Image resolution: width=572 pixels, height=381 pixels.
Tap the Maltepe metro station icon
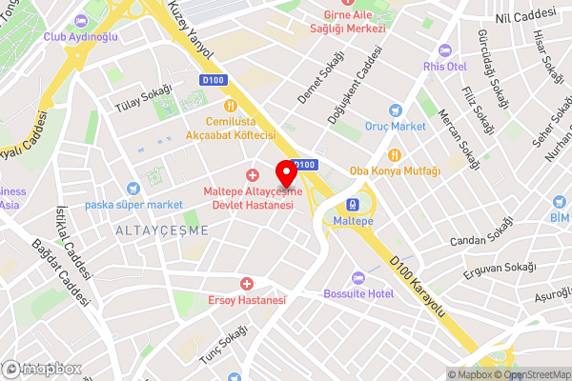[x=354, y=204]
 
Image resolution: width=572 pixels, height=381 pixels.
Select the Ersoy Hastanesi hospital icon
[x=247, y=284]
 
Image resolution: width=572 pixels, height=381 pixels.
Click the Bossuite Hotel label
[x=358, y=293]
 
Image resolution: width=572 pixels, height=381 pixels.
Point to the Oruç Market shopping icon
[x=396, y=110]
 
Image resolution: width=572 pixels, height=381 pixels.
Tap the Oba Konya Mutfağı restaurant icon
[x=395, y=155]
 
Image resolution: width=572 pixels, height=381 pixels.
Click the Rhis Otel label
[x=445, y=66]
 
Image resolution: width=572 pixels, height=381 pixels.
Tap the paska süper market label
[x=134, y=205]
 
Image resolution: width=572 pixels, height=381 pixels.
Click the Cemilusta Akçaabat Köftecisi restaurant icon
[x=230, y=106]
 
